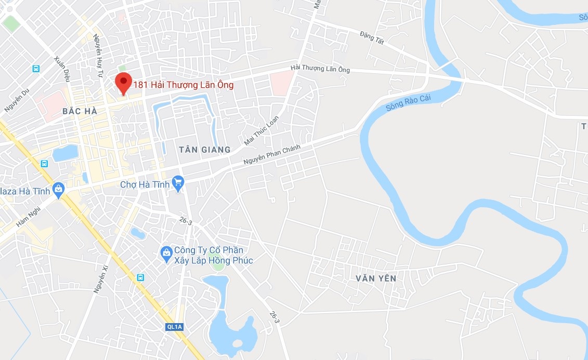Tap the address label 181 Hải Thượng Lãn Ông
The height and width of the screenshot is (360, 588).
(184, 85)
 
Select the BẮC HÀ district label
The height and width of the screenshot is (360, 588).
(80, 111)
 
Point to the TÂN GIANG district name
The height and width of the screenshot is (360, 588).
(204, 150)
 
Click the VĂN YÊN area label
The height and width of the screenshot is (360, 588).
(376, 278)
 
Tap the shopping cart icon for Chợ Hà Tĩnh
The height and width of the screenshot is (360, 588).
(178, 182)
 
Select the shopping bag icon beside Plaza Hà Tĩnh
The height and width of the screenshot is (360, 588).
(59, 189)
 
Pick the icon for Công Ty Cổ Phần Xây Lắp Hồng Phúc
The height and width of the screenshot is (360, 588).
(166, 252)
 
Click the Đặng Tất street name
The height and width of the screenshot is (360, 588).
(371, 37)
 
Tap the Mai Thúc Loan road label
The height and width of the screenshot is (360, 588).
(262, 130)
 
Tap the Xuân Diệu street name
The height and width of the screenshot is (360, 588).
(61, 69)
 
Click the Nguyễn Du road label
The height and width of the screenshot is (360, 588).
(16, 101)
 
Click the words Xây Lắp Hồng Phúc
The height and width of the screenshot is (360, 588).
(213, 260)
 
